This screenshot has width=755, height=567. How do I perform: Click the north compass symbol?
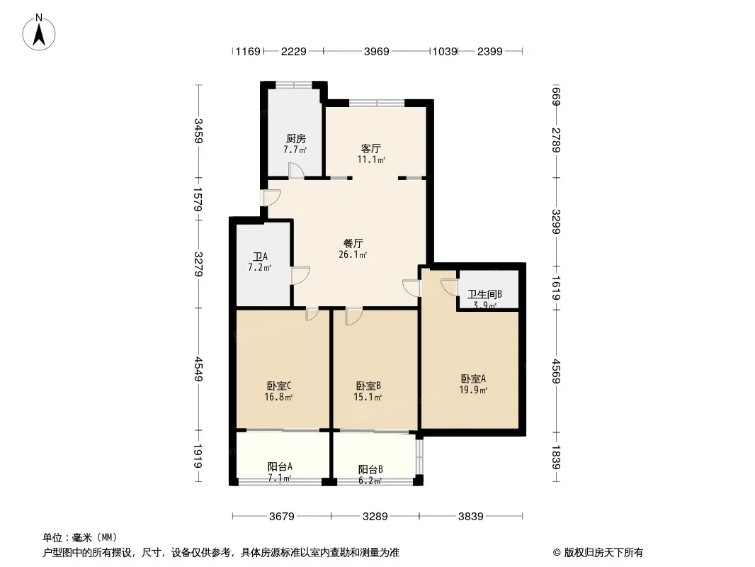tap(40, 31)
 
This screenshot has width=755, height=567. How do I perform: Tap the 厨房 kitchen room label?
tap(296, 139)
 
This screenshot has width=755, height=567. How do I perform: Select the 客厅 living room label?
tap(371, 149)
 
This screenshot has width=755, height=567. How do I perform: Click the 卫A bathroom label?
tap(259, 257)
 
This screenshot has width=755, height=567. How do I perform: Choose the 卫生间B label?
tap(484, 295)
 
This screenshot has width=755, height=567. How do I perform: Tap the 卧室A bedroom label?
tap(473, 378)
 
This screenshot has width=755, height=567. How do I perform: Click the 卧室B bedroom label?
tap(368, 386)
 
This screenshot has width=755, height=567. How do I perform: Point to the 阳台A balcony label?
tap(280, 467)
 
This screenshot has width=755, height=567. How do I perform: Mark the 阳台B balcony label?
tap(370, 469)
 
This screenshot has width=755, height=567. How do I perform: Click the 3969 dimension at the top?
tap(377, 51)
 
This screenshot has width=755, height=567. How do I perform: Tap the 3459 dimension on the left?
tap(199, 131)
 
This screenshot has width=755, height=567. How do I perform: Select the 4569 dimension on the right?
tap(557, 370)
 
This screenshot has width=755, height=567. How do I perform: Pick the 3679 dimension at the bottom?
tap(282, 516)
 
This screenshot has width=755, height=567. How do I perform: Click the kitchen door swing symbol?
tap(295, 171)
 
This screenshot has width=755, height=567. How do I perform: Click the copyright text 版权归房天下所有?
tap(603, 553)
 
